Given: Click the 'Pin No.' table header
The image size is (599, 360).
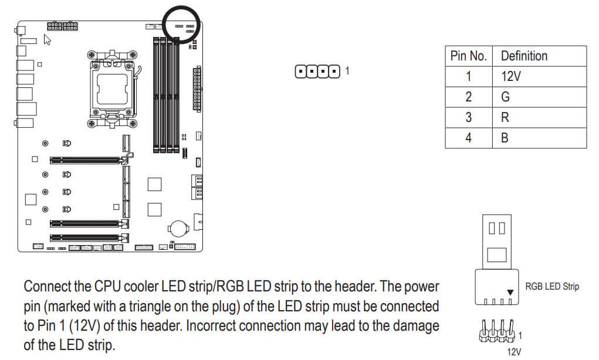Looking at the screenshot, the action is [469, 56].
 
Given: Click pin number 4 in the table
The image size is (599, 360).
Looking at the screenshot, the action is [469, 138].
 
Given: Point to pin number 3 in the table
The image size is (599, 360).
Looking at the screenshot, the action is [469, 118].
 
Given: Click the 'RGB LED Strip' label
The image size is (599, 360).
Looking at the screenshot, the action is [552, 286].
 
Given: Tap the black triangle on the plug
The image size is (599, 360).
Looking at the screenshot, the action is [510, 293].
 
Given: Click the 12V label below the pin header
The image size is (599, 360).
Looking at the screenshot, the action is [514, 352].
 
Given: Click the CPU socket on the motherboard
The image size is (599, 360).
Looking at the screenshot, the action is [112, 89].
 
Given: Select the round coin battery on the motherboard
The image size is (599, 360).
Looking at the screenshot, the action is [178, 228].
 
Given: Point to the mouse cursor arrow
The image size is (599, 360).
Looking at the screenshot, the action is [47, 40].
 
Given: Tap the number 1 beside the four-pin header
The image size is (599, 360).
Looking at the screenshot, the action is [347, 70].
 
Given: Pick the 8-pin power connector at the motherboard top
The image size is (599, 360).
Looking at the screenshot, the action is [62, 26].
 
